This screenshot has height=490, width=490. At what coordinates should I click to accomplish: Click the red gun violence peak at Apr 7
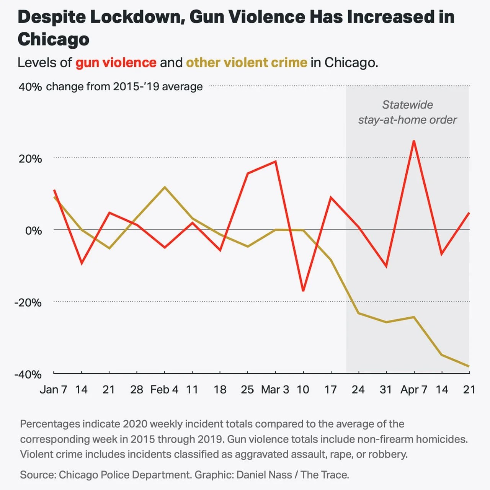tap(414, 141)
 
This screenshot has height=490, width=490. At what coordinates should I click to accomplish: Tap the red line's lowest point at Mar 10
tap(303, 291)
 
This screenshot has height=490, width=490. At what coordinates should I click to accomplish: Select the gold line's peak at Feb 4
tap(165, 187)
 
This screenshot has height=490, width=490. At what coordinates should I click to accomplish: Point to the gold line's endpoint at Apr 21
tap(469, 366)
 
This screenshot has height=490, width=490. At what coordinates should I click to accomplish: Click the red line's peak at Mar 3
tap(276, 161)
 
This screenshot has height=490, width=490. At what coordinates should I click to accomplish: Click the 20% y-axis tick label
tap(30, 159)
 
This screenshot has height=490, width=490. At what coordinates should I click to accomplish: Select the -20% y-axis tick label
tap(28, 302)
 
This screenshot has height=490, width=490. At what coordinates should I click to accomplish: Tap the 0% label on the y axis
tap(33, 231)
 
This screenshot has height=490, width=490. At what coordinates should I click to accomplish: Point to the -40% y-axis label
tap(28, 374)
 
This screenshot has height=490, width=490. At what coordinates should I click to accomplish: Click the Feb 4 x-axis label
tap(164, 390)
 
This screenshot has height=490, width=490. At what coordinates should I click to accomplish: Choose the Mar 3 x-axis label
tap(275, 390)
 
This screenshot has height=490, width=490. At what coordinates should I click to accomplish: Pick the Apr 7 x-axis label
tap(414, 390)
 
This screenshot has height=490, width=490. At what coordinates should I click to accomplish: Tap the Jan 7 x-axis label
tap(54, 390)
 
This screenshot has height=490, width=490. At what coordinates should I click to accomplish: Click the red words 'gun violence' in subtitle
tap(116, 63)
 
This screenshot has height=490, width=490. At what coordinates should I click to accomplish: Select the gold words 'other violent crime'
tap(247, 63)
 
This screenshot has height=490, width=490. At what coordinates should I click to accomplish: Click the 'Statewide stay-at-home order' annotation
tap(407, 112)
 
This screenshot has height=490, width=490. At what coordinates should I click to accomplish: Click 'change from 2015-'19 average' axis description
tap(124, 87)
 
